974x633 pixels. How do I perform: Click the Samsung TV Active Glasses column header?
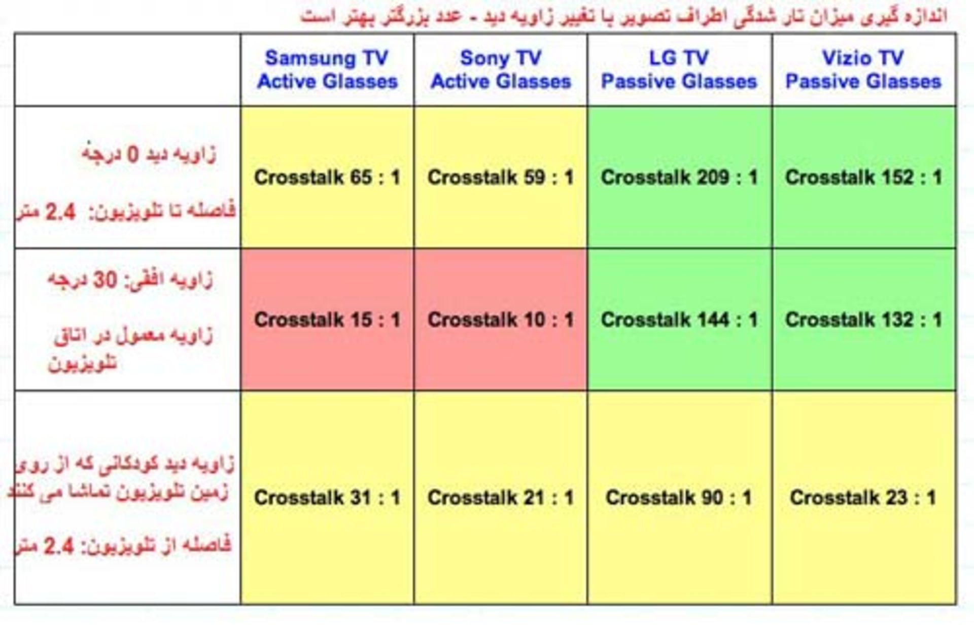(x=327, y=70)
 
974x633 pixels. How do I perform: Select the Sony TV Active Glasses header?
(x=501, y=70)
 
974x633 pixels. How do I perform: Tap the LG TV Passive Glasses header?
(x=680, y=70)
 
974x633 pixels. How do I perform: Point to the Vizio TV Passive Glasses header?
(x=864, y=70)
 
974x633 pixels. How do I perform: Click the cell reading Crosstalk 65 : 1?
(x=327, y=178)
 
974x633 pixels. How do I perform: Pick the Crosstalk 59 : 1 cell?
(x=501, y=178)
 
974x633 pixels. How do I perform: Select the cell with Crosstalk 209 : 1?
(x=680, y=178)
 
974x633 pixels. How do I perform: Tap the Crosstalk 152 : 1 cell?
(x=864, y=178)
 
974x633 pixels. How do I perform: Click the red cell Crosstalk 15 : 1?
(x=327, y=320)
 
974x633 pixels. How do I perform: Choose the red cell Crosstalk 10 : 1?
(x=501, y=320)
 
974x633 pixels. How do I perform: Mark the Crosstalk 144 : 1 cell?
(x=680, y=320)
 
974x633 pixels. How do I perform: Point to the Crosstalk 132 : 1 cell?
(x=864, y=320)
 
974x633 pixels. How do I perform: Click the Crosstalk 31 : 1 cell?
(x=327, y=498)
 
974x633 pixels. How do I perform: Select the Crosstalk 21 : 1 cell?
(x=501, y=498)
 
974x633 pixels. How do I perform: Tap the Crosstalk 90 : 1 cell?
(x=680, y=498)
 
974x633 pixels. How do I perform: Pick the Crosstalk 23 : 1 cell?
(x=864, y=498)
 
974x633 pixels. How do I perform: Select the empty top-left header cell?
(x=127, y=70)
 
